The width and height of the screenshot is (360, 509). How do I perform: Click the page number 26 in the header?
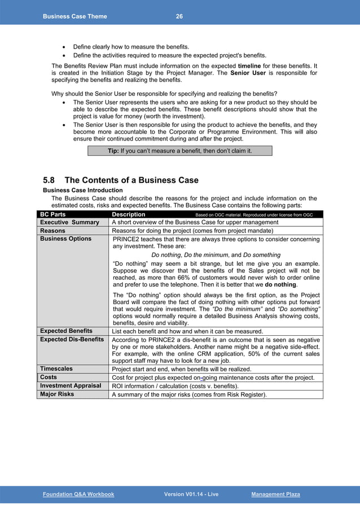coord(179,16)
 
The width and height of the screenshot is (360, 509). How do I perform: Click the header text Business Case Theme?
coord(74,16)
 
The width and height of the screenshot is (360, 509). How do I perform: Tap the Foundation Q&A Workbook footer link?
coord(78,494)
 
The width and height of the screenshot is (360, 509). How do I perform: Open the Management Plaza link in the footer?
coord(275,494)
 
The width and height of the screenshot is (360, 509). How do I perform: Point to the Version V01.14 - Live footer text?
coord(191,494)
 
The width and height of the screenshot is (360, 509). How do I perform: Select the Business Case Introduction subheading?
coord(82,191)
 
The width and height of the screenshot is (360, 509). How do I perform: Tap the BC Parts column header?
coord(52,214)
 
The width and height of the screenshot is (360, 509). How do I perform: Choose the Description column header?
coord(129,214)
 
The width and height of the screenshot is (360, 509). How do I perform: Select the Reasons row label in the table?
coord(52,231)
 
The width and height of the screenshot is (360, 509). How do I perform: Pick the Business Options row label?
coord(65,239)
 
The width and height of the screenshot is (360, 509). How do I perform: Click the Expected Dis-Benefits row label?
coord(72,339)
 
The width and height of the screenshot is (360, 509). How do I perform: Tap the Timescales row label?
coord(56,368)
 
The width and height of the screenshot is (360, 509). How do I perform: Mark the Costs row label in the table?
coord(49,377)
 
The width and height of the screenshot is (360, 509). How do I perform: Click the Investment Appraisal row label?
coord(71,385)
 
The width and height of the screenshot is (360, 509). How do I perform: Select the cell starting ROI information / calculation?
coord(175,386)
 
